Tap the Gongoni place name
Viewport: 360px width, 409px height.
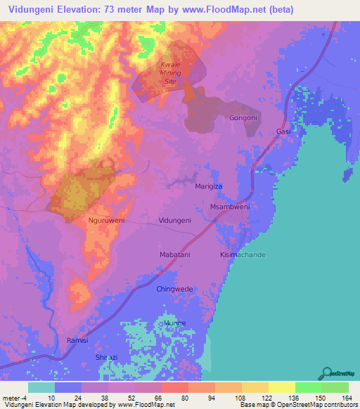pos(243,118)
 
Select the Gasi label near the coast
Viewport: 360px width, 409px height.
pos(283,131)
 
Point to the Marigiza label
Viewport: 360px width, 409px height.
pos(209,188)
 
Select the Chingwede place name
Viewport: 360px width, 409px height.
pos(174,289)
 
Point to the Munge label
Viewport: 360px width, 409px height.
pos(174,323)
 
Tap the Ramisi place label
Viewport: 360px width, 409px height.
pos(78,340)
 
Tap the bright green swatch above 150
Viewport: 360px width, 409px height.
pos(308,387)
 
